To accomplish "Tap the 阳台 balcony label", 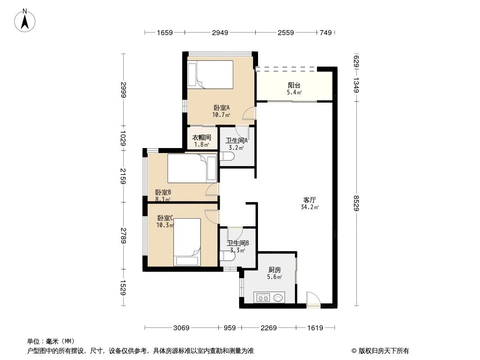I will click(x=294, y=85).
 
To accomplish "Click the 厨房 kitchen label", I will click(x=274, y=270).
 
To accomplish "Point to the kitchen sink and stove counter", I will click(x=269, y=297).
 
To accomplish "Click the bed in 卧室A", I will click(x=211, y=74).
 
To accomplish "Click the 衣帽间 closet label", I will click(x=201, y=138).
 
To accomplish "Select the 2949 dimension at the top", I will click(x=220, y=32).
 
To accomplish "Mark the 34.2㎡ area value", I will click(x=310, y=207).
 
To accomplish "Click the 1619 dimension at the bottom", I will click(x=315, y=328).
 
